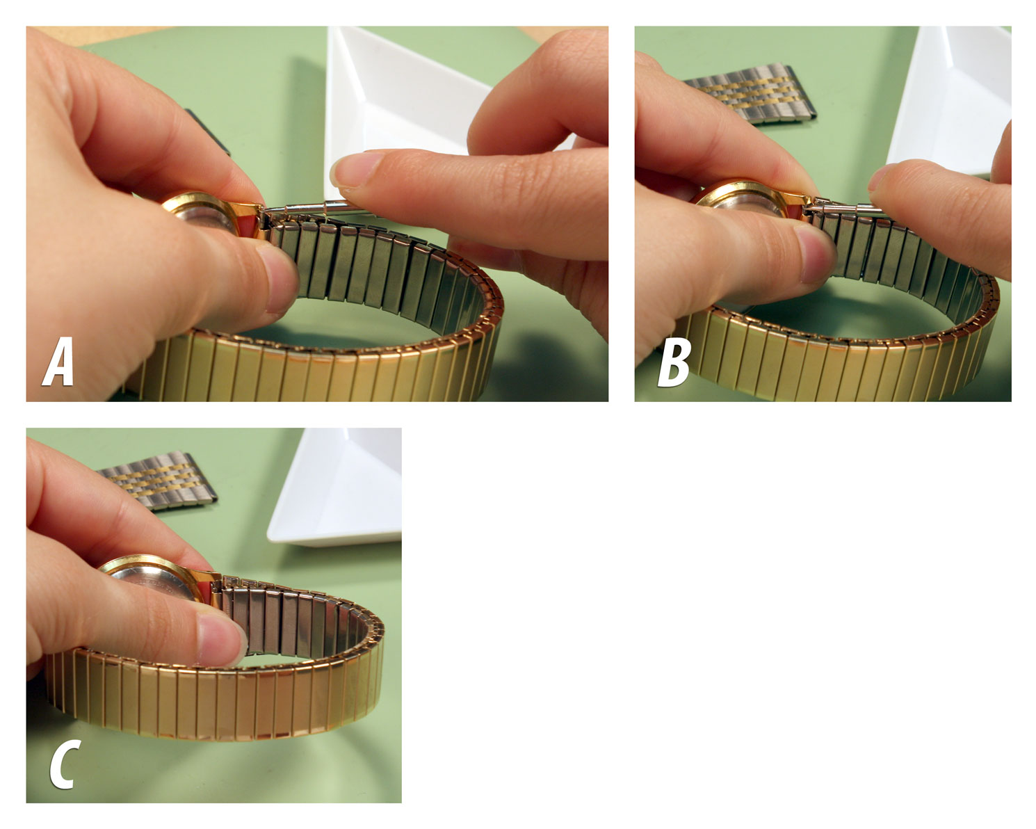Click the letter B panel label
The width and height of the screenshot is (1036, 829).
click(x=674, y=363)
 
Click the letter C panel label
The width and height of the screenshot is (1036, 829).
click(x=63, y=764)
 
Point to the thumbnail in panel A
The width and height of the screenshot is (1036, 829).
click(x=282, y=278)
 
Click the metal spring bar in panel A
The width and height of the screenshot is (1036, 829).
click(x=306, y=206)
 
